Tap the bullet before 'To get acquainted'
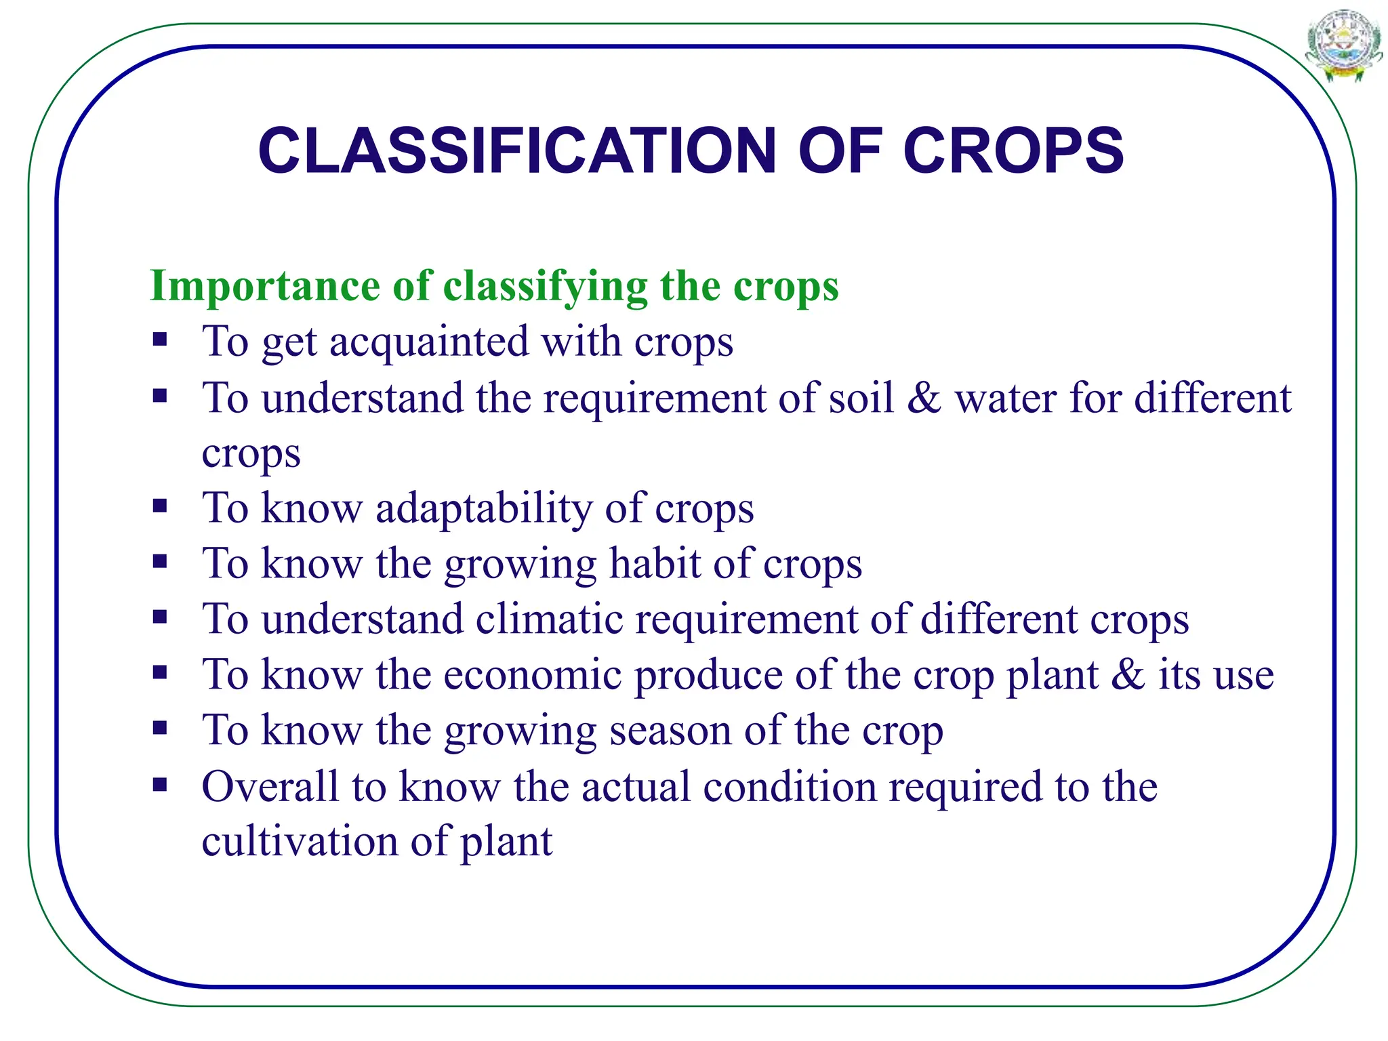click(160, 339)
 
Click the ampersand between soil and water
click(924, 398)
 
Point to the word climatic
click(548, 619)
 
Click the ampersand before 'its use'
click(1127, 675)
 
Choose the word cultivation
click(300, 842)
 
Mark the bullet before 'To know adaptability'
click(160, 506)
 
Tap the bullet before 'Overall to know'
click(160, 785)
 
